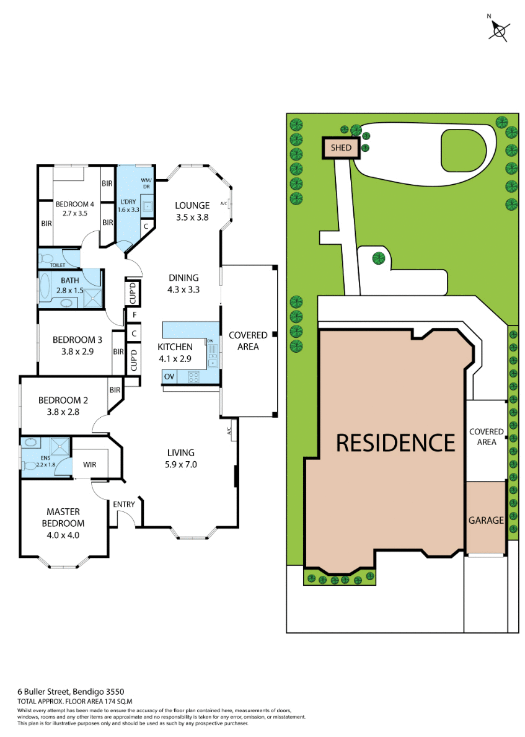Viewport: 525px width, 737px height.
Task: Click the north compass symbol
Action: point(500,29)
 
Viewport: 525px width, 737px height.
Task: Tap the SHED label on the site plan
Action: point(341,148)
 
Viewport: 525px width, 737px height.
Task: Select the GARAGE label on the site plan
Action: point(486,520)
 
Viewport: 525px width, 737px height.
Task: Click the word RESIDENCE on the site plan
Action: point(395,443)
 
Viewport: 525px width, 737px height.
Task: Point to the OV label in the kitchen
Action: point(169,376)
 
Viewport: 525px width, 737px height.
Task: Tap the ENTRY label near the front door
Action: point(124,504)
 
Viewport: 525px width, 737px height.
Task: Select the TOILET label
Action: point(48,265)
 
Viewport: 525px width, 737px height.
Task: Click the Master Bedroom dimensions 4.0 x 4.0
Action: point(63,535)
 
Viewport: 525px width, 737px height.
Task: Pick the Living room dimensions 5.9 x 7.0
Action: point(180,464)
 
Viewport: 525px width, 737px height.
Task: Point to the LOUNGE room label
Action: point(192,206)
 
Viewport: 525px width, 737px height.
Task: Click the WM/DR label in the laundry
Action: point(147,183)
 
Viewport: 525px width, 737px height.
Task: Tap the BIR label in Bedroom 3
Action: point(118,352)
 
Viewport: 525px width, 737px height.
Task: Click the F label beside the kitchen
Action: point(134,315)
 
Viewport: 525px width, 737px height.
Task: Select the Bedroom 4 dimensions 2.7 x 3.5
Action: point(74,213)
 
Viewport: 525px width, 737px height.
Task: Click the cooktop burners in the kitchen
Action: point(193,376)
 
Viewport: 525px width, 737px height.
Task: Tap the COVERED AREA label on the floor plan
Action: point(248,340)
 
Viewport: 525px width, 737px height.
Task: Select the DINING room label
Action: point(183,278)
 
